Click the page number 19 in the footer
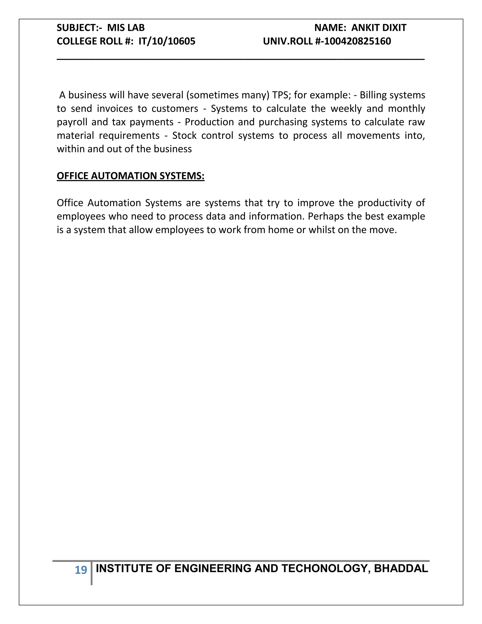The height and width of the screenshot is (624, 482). click(81, 570)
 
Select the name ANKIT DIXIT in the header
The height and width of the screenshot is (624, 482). click(379, 28)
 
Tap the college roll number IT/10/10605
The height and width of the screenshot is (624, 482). click(167, 41)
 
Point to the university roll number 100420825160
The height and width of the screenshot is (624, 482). click(357, 41)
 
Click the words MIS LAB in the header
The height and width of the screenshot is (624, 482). click(126, 28)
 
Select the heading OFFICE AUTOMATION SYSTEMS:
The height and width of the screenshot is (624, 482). click(130, 176)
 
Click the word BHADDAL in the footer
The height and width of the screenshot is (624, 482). click(401, 569)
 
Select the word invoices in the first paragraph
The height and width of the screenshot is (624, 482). click(115, 109)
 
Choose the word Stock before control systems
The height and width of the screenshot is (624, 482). click(184, 136)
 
